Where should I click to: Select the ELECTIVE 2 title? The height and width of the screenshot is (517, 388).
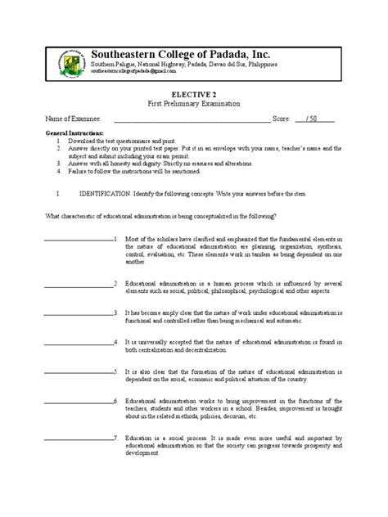pyautogui.click(x=194, y=95)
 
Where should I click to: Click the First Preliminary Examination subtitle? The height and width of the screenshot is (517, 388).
pyautogui.click(x=194, y=106)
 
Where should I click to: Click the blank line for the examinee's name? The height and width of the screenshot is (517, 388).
pyautogui.click(x=192, y=120)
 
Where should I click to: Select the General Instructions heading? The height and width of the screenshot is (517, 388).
pyautogui.click(x=75, y=133)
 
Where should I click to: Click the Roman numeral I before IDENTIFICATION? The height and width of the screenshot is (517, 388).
pyautogui.click(x=56, y=195)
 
